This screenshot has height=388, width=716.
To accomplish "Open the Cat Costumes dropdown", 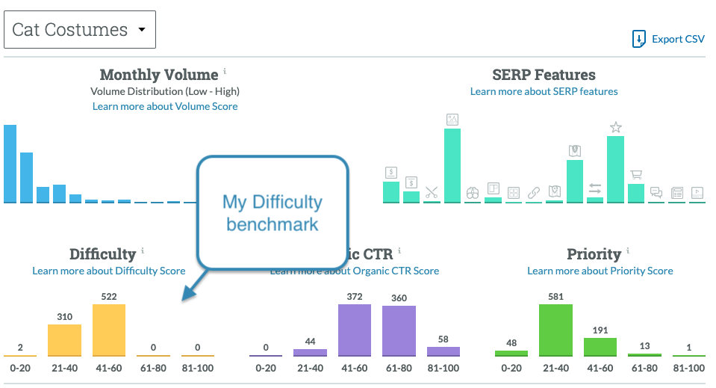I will pos(80,31).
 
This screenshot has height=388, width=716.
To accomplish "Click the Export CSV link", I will pos(668,40).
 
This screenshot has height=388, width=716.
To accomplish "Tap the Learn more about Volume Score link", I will pos(165,106).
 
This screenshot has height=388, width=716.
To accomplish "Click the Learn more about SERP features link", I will pos(544,91).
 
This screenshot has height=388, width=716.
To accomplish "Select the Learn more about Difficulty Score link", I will pos(108,271).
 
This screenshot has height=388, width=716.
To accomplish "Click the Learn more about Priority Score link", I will pos(600,271).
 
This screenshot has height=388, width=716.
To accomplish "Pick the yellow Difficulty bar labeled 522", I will pos(109,330).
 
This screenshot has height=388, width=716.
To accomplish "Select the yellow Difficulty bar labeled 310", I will pos(64,339).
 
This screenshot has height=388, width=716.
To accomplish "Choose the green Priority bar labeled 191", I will pos(600,346).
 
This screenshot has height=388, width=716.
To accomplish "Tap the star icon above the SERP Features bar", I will pos(615,127).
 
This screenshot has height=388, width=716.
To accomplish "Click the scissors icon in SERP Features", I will pos(432,192).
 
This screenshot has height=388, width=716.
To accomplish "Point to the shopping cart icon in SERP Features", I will pos(636,175).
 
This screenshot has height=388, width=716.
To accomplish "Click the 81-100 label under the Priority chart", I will pos(688,368).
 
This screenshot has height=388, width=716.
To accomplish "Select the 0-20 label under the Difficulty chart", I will pos(19,368).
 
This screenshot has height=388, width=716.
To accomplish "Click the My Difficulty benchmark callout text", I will pos(273,212).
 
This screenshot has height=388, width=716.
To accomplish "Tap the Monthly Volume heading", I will pos(159,75).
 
